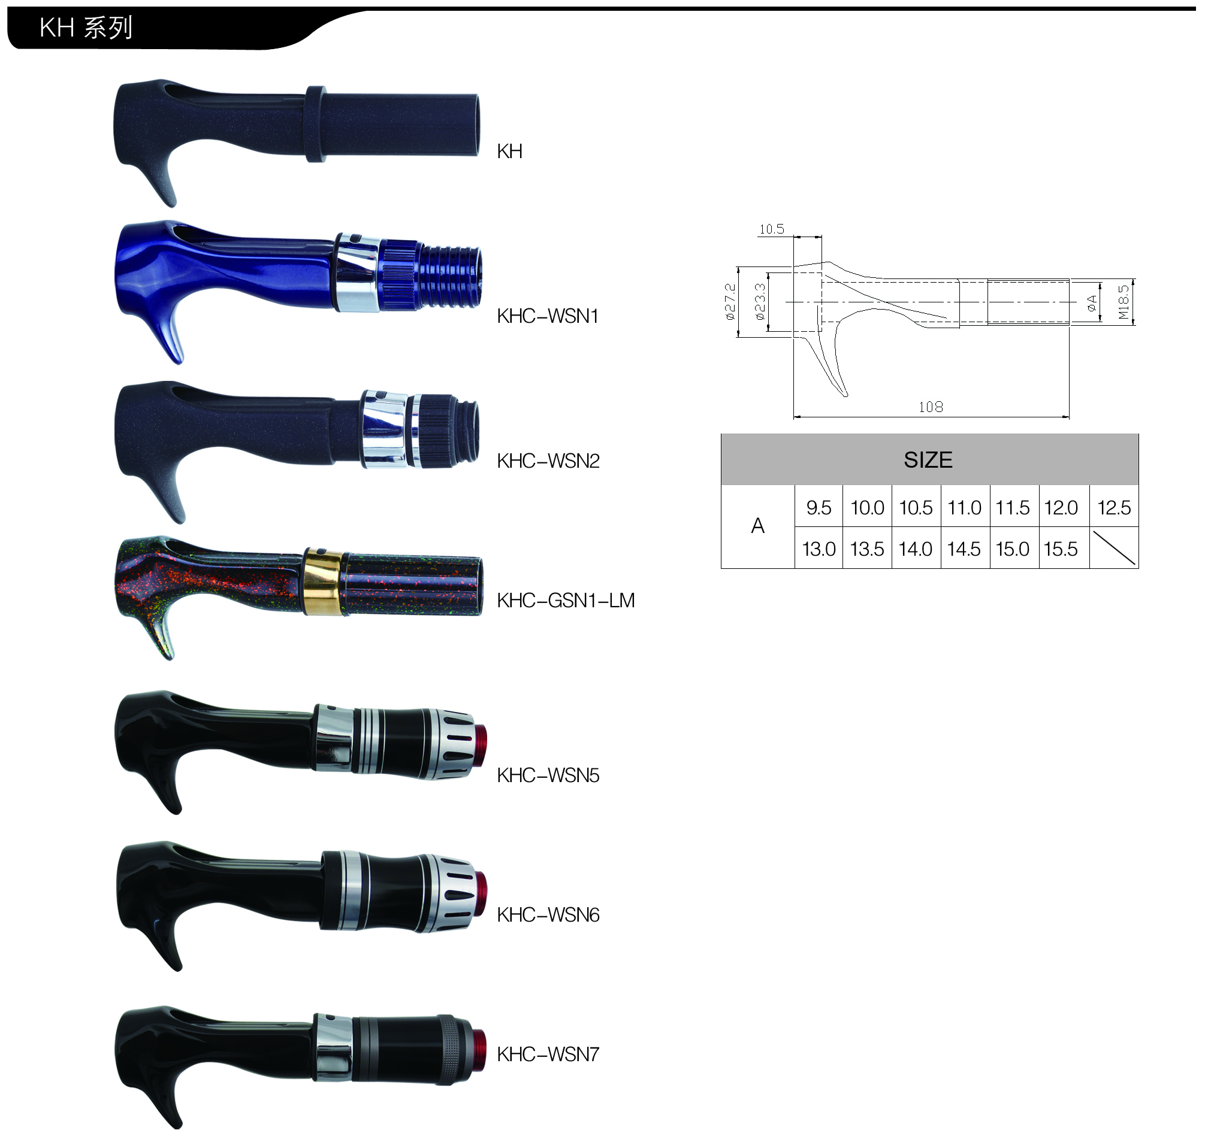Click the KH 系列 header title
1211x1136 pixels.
point(86,28)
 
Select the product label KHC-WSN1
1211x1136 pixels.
point(548,316)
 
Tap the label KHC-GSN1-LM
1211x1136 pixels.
point(566,600)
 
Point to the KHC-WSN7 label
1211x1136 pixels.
point(548,1054)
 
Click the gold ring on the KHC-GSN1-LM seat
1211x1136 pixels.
point(323,581)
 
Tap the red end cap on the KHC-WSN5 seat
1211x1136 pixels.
point(480,746)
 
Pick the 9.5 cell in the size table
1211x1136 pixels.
point(819,507)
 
